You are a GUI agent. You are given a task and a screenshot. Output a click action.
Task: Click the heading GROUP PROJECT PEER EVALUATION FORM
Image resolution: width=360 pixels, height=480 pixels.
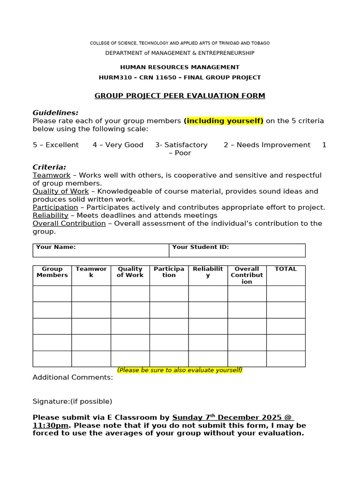click(180, 96)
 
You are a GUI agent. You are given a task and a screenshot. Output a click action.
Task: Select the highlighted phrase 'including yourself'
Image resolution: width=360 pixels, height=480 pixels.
click(224, 121)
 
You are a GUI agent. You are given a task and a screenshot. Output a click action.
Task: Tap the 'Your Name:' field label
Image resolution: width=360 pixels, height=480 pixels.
click(56, 247)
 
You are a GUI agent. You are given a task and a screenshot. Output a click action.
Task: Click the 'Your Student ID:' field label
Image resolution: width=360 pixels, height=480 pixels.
click(200, 247)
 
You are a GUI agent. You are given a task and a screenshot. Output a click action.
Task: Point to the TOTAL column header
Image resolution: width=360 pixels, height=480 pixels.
click(285, 269)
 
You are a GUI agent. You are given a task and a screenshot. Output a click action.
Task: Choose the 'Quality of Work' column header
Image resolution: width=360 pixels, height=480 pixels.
click(130, 272)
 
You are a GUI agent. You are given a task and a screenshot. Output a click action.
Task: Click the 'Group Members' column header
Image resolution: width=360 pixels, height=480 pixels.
click(52, 272)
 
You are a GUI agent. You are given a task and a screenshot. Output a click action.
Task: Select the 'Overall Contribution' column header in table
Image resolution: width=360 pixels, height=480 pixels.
click(247, 275)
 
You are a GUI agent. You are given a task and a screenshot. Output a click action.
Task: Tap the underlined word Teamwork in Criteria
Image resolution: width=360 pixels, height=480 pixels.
click(52, 175)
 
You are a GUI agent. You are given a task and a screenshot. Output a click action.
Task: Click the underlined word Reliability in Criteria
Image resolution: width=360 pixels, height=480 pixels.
click(50, 215)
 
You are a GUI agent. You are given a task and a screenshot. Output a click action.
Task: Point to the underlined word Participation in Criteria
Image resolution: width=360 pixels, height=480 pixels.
click(55, 207)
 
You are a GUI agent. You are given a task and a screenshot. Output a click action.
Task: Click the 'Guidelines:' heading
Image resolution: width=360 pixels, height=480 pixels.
click(55, 112)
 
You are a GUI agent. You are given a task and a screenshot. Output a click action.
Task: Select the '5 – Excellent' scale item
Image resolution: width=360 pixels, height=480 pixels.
click(56, 145)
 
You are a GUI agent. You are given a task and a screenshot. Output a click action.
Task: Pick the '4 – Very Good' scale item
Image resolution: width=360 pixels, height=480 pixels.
click(118, 145)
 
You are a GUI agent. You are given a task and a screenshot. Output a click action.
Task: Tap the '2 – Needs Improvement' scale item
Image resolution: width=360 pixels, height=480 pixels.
click(267, 145)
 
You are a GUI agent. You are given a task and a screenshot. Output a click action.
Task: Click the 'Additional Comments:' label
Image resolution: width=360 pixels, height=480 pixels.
click(73, 377)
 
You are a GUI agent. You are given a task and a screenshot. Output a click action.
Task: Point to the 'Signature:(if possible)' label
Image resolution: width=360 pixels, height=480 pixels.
click(72, 401)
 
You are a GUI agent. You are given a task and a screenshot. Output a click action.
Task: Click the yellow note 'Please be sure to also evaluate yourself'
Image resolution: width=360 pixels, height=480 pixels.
click(180, 370)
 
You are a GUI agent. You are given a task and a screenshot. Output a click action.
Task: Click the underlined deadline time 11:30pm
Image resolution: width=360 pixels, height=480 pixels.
click(51, 425)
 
